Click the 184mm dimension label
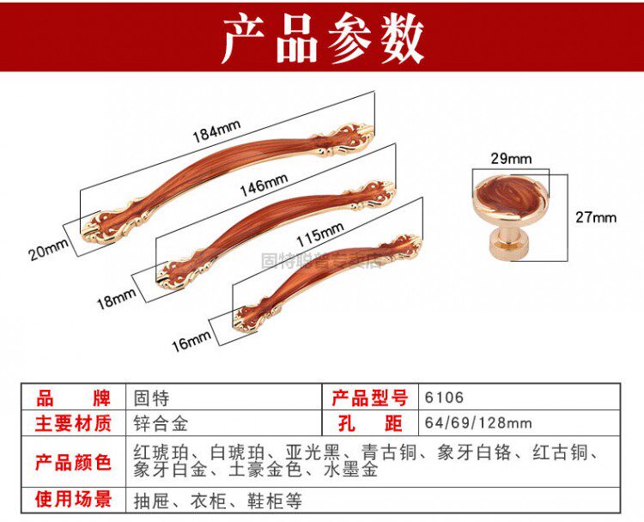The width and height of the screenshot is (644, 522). (x=216, y=131)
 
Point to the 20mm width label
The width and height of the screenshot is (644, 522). (x=47, y=250)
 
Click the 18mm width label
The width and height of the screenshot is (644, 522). (x=116, y=299)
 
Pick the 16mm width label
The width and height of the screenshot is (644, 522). (x=191, y=341)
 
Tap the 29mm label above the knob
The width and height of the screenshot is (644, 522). (x=512, y=158)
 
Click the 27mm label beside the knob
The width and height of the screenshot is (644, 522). (x=596, y=217)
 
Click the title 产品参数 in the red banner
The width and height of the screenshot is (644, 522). (x=322, y=39)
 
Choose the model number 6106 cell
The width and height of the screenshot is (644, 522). (x=444, y=398)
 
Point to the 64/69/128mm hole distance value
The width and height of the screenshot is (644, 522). (x=478, y=423)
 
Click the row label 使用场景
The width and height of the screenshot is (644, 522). (x=73, y=500)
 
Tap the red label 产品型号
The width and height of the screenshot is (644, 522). (x=369, y=398)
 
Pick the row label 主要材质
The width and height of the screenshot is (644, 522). (x=73, y=423)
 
